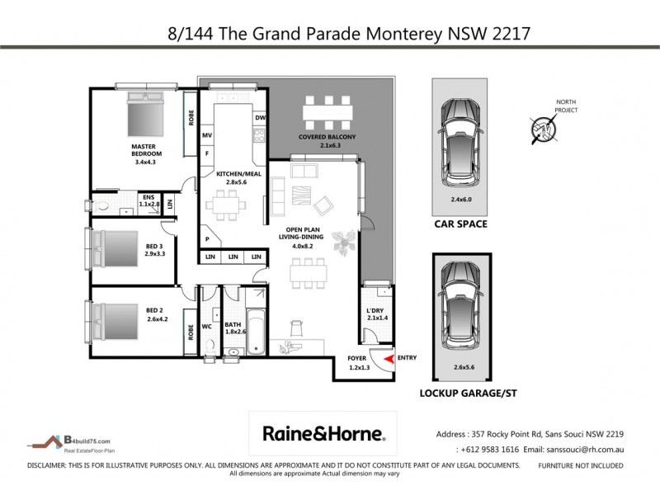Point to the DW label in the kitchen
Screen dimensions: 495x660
click(x=259, y=118)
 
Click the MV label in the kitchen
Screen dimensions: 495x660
click(x=208, y=135)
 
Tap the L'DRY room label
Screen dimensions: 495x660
click(x=376, y=312)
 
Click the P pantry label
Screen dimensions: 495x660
click(x=207, y=239)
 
